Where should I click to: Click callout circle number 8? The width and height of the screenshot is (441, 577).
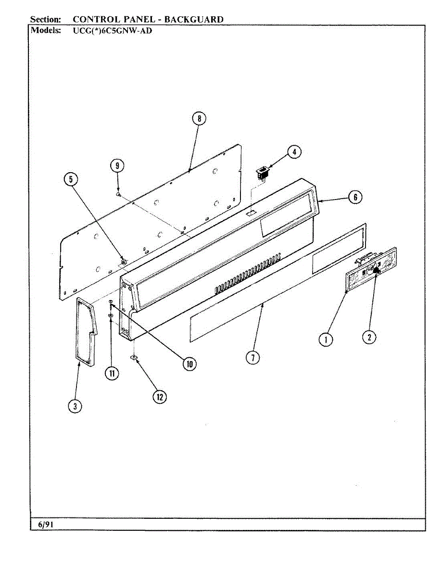pyautogui.click(x=199, y=119)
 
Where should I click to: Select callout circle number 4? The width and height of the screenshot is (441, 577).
pyautogui.click(x=294, y=152)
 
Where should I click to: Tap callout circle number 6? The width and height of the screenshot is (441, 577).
pyautogui.click(x=355, y=197)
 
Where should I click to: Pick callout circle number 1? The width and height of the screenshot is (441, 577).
pyautogui.click(x=326, y=339)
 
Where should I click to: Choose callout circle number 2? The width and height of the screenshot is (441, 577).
pyautogui.click(x=369, y=338)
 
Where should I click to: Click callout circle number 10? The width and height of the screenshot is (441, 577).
pyautogui.click(x=189, y=364)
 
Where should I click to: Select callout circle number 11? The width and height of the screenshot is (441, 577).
pyautogui.click(x=112, y=374)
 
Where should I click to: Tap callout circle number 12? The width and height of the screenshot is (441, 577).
pyautogui.click(x=160, y=397)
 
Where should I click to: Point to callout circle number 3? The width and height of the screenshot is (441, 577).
pyautogui.click(x=74, y=406)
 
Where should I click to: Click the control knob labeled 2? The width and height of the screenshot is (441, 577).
pyautogui.click(x=377, y=272)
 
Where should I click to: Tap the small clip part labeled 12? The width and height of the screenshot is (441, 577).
pyautogui.click(x=133, y=357)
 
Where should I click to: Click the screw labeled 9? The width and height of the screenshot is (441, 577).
pyautogui.click(x=118, y=194)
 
